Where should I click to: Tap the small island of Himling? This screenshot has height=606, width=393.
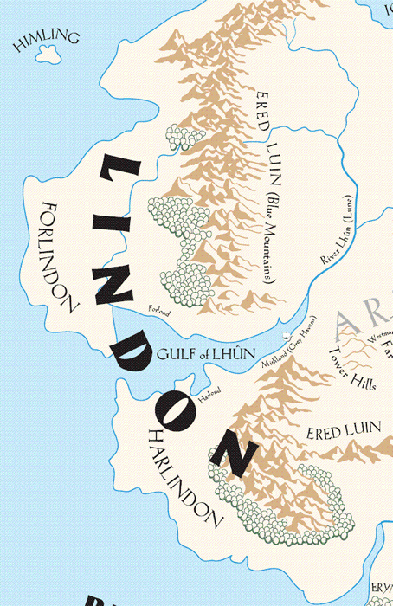coord(41,55)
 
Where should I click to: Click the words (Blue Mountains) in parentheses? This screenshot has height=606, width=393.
coord(269,240)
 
